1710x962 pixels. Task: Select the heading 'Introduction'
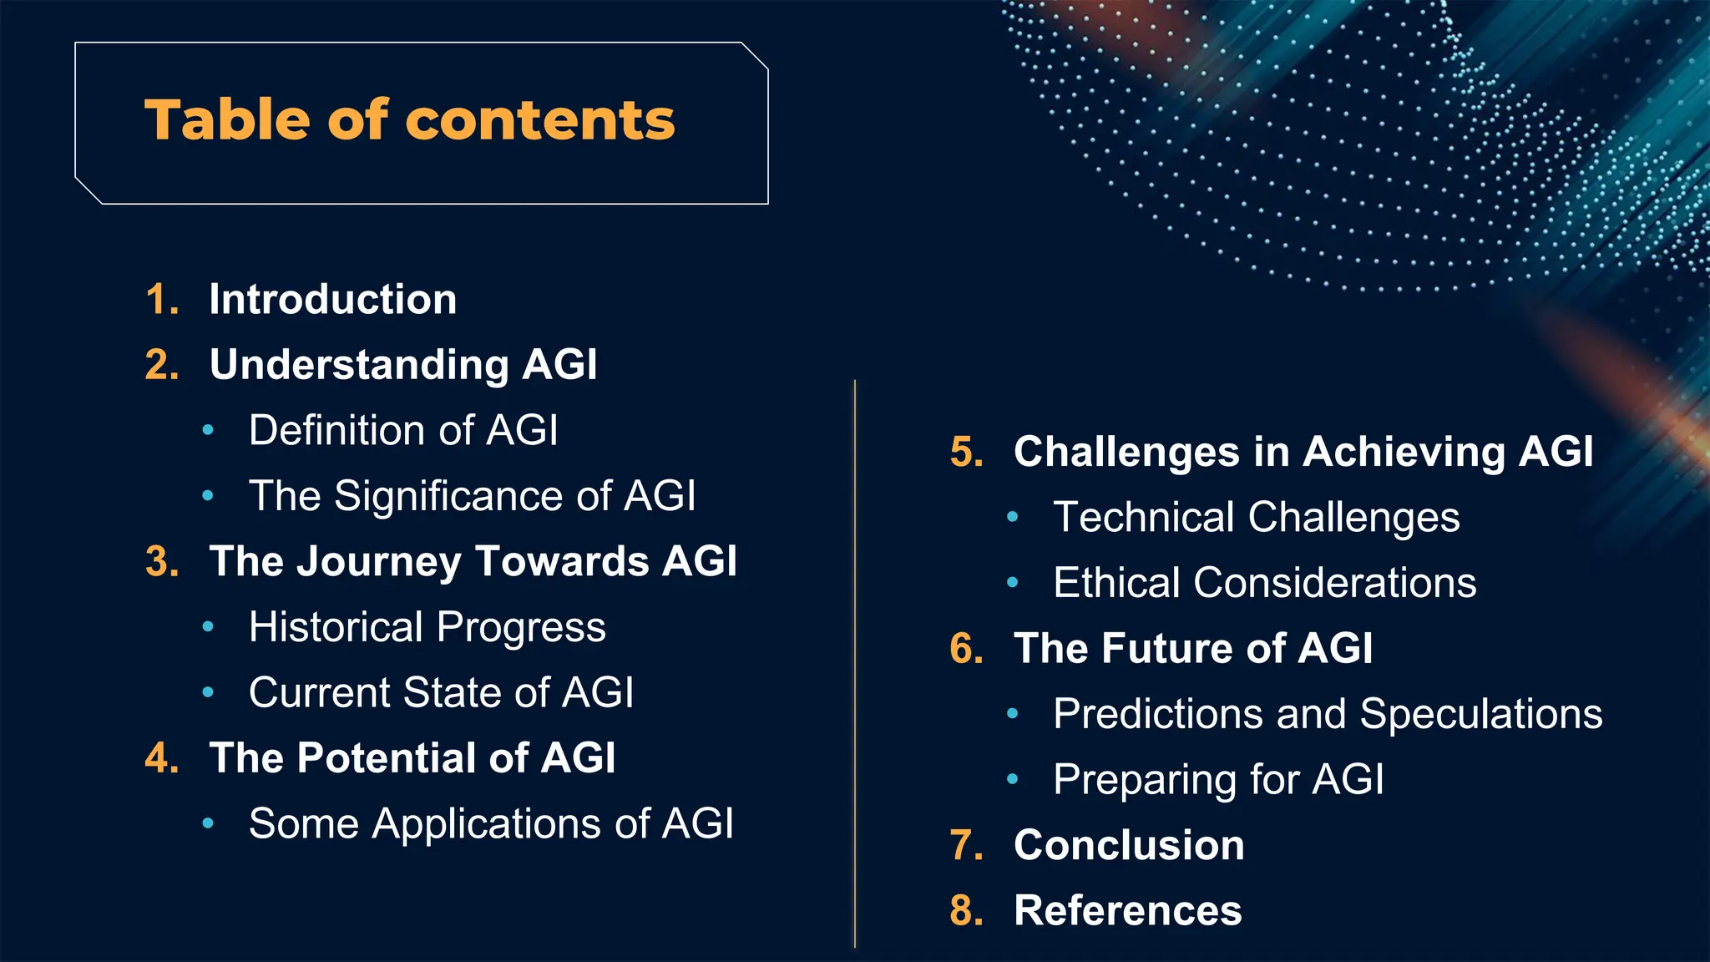tap(332, 300)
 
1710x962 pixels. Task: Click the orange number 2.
tap(161, 366)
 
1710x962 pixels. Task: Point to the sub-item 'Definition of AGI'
tap(402, 431)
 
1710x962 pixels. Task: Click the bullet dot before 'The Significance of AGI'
tap(208, 497)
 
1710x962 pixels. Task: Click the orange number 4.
tap(161, 759)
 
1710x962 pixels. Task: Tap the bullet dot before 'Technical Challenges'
tap(1012, 518)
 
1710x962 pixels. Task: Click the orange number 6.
tap(966, 649)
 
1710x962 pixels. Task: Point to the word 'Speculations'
tap(1480, 715)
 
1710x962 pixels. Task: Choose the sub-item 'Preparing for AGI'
tap(1217, 780)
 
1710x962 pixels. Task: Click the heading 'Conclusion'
tap(1129, 845)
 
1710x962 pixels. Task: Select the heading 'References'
tap(1127, 910)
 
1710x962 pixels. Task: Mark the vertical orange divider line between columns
tap(855, 668)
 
